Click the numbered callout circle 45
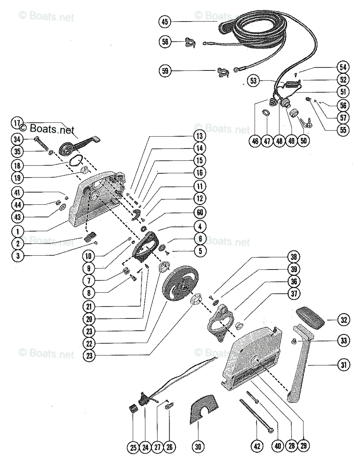pyautogui.click(x=165, y=22)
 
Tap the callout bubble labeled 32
pyautogui.click(x=344, y=319)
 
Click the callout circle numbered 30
pyautogui.click(x=198, y=447)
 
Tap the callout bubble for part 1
pyautogui.click(x=17, y=231)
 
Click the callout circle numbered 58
pyautogui.click(x=165, y=42)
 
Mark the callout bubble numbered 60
pyautogui.click(x=200, y=212)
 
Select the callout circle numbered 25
pyautogui.click(x=133, y=447)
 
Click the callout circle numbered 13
pyautogui.click(x=200, y=136)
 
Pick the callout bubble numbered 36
pyautogui.click(x=294, y=281)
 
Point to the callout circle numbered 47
pyautogui.click(x=267, y=141)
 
